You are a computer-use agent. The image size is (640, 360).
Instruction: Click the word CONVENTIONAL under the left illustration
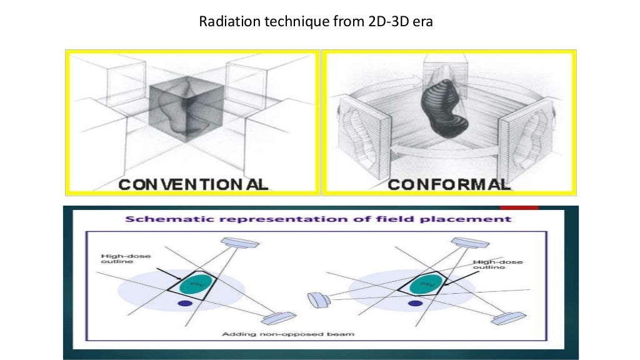(x=193, y=184)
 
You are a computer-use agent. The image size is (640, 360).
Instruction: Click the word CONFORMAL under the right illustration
(x=449, y=184)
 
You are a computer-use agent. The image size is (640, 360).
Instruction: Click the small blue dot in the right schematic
(x=413, y=304)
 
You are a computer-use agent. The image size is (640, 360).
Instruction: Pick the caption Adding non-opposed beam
(x=288, y=334)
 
